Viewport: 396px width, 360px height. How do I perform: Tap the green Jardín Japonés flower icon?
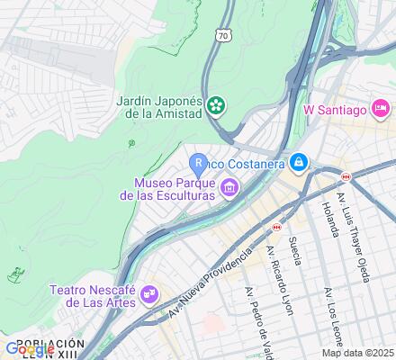pyautogui.click(x=216, y=107)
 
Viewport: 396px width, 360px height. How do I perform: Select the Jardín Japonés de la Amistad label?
pyautogui.click(x=157, y=107)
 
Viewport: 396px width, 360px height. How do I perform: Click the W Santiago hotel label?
pyautogui.click(x=334, y=110)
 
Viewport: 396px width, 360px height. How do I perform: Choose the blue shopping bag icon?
pyautogui.click(x=298, y=162)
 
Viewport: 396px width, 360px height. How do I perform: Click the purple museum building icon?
pyautogui.click(x=229, y=187)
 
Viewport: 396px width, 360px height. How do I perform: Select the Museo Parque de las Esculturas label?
pyautogui.click(x=166, y=187)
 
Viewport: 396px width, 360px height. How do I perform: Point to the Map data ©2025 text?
pyautogui.click(x=358, y=352)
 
